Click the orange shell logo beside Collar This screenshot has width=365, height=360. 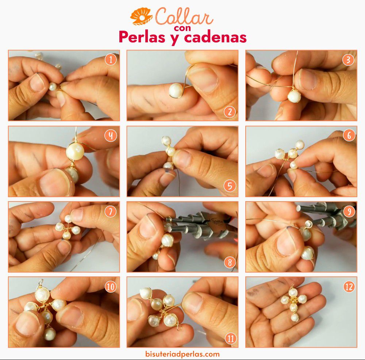click(141, 16)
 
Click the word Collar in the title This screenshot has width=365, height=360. click(184, 16)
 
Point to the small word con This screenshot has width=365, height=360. click(182, 28)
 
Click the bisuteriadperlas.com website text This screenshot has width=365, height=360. click(182, 354)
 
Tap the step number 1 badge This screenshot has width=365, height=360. click(111, 60)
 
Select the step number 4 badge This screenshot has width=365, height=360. click(111, 135)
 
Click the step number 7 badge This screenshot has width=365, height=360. click(111, 211)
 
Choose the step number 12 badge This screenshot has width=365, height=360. click(349, 287)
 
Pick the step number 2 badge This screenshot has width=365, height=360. click(230, 112)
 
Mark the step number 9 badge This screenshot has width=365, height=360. click(349, 211)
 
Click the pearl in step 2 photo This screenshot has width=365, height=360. click(176, 90)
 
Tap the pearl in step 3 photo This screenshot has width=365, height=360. click(294, 96)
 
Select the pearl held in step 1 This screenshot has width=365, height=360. click(52, 87)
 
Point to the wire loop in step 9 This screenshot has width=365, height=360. click(309, 224)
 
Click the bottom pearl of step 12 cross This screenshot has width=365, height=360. click(295, 317)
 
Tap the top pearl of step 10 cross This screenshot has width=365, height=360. click(42, 294)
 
